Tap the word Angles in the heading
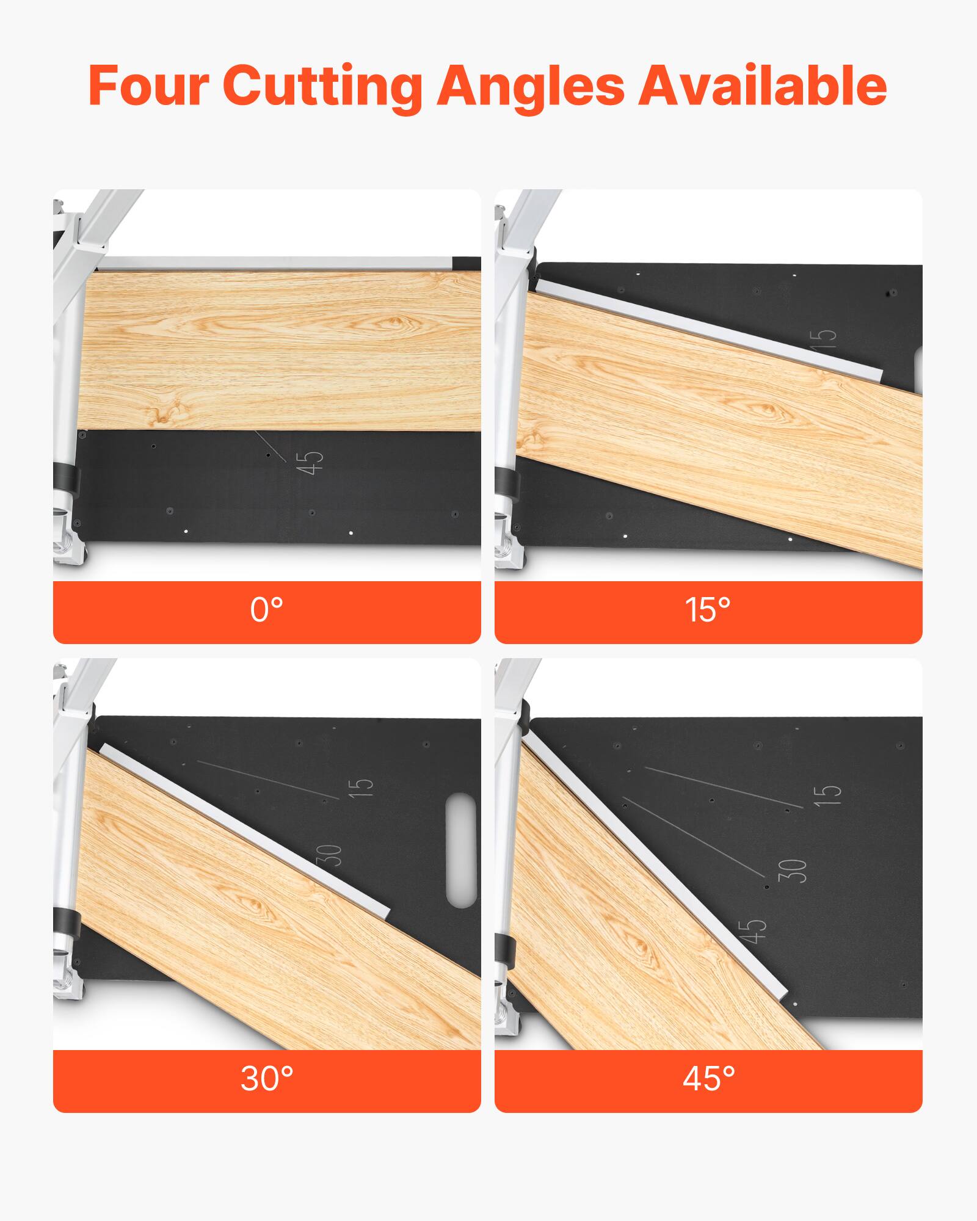coord(531,87)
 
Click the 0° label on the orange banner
coord(267,609)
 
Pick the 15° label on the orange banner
coord(708,609)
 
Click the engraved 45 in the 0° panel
coord(310,463)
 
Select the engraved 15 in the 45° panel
coord(827,793)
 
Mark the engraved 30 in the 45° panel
coord(793,870)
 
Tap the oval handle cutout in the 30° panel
coord(461,850)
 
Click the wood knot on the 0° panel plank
coord(391,322)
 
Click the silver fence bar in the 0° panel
coord(275,264)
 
